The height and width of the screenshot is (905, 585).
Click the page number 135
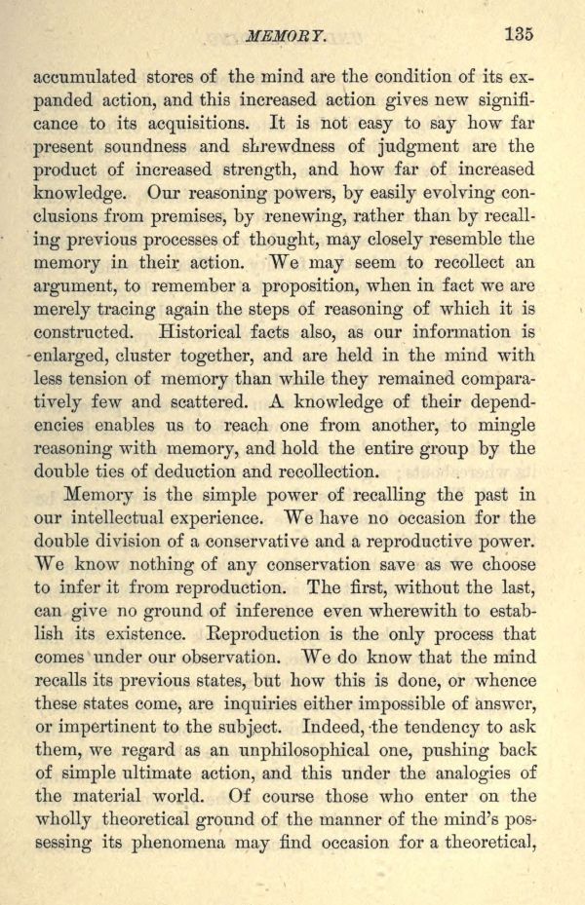coord(519,34)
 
